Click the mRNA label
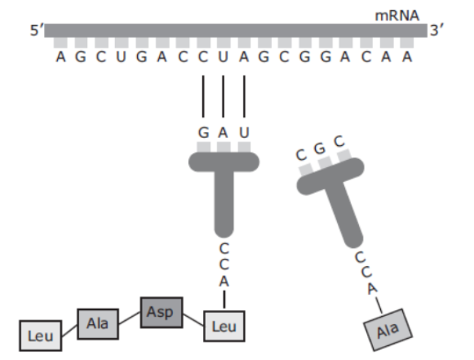397,15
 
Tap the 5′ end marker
37,31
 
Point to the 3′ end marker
437,31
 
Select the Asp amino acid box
161,312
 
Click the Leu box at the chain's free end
40,336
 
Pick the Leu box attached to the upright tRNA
224,326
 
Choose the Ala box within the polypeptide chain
97,323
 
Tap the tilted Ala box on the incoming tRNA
388,330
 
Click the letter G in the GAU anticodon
204,133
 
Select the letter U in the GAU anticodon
244,133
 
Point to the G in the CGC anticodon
320,149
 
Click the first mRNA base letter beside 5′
61,56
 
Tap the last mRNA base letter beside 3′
407,56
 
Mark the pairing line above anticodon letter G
203,96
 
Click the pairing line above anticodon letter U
244,96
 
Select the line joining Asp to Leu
193,320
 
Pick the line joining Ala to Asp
130,318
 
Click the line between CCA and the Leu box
224,299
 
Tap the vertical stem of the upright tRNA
223,202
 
